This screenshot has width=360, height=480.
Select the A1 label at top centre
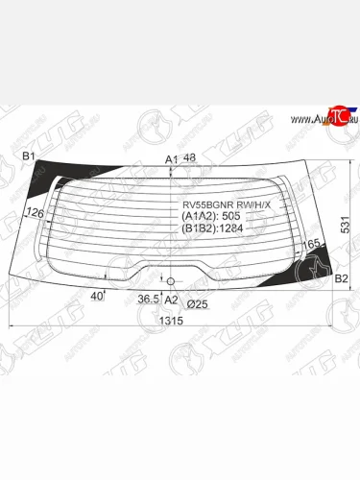tap(171, 158)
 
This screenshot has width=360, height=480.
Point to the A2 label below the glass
tap(172, 301)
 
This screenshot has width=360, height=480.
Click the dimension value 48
tap(189, 157)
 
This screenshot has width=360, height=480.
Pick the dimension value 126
tap(35, 212)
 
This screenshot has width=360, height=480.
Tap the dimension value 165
tap(312, 247)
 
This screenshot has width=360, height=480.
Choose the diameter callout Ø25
tap(199, 302)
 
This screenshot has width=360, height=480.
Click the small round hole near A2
tap(171, 280)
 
